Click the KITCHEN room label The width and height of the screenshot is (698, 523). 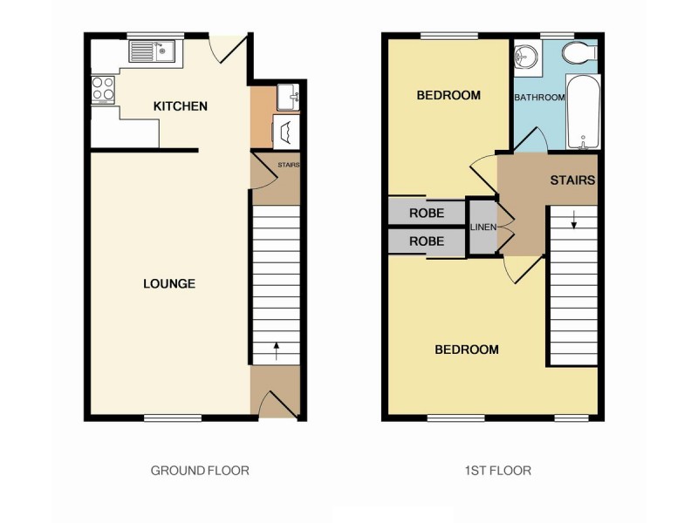181,106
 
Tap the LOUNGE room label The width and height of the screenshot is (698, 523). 169,283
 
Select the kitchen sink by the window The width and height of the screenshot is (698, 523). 154,51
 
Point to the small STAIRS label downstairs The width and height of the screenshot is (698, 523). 288,165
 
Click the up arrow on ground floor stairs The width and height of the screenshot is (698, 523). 277,351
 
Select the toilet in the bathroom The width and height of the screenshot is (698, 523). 578,54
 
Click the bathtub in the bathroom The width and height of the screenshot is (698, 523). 581,112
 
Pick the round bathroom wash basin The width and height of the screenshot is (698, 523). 526,58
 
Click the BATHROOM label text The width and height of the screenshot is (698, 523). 539,98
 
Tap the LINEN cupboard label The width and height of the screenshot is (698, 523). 483,228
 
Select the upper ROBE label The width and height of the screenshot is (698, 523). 427,213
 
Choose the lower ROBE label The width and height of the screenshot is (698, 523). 427,241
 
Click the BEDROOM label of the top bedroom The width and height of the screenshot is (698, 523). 448,95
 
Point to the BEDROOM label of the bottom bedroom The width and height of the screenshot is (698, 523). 467,350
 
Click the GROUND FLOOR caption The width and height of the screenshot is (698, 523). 200,471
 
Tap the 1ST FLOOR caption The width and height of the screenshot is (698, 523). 497,471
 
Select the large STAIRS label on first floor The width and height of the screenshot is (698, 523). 572,181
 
